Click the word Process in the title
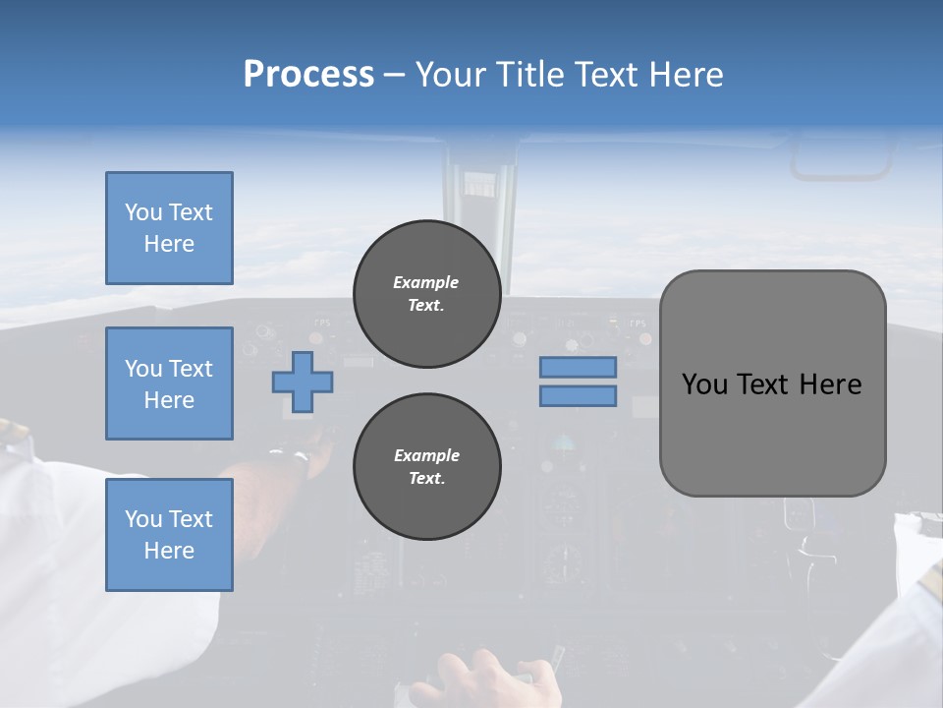tap(308, 75)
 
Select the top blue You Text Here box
tap(169, 228)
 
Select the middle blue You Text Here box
tap(169, 383)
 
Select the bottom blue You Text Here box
tap(169, 535)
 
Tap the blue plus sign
tap(303, 382)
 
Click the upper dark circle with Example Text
tap(426, 293)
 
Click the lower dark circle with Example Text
tap(426, 466)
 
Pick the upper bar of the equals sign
tap(579, 367)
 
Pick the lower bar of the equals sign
tap(579, 395)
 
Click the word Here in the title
tap(687, 75)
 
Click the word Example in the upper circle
tap(426, 282)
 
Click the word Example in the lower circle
tap(426, 455)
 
